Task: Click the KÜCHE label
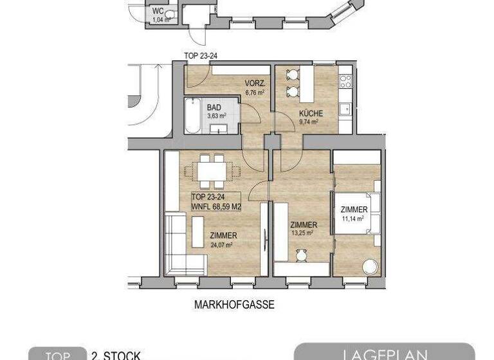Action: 309,114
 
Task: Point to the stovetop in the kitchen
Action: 345,81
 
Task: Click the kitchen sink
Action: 345,108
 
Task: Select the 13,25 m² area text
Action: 302,233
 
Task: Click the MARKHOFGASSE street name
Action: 233,305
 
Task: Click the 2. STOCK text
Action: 116,355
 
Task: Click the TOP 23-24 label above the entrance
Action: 201,56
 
